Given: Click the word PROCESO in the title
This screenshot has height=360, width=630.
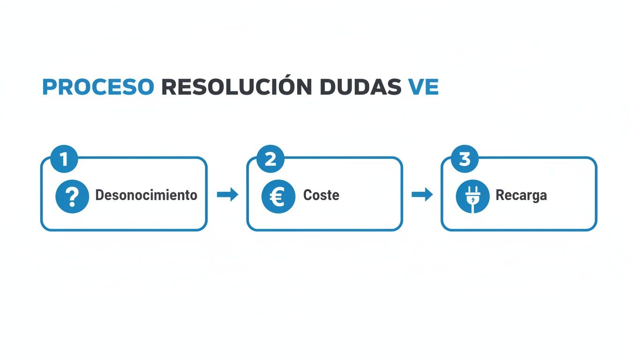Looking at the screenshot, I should pos(97,87).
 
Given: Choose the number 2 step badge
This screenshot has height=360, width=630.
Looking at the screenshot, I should pos(270,159).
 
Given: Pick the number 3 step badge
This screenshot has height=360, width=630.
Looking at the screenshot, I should pos(464,159).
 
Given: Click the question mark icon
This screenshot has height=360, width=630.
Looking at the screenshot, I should pos(72,196).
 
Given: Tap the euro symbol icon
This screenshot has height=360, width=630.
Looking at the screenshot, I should pos(278,196).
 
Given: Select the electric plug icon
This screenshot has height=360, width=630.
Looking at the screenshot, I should pos(472,196).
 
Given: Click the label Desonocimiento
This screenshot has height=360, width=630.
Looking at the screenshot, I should pos(146,195).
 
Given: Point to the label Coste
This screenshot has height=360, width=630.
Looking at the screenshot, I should pos(321,195).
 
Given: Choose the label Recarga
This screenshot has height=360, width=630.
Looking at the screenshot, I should pos(521,195).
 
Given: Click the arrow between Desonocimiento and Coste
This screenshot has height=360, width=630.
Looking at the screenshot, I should pos(227,195).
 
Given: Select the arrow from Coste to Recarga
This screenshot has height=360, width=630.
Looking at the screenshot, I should pos(422,195).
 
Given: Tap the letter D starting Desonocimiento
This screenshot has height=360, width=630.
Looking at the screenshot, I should pos(99,195).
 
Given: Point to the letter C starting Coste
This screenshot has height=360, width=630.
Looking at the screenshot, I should pos(307,195).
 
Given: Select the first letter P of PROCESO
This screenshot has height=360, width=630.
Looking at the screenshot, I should pos(49,88).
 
